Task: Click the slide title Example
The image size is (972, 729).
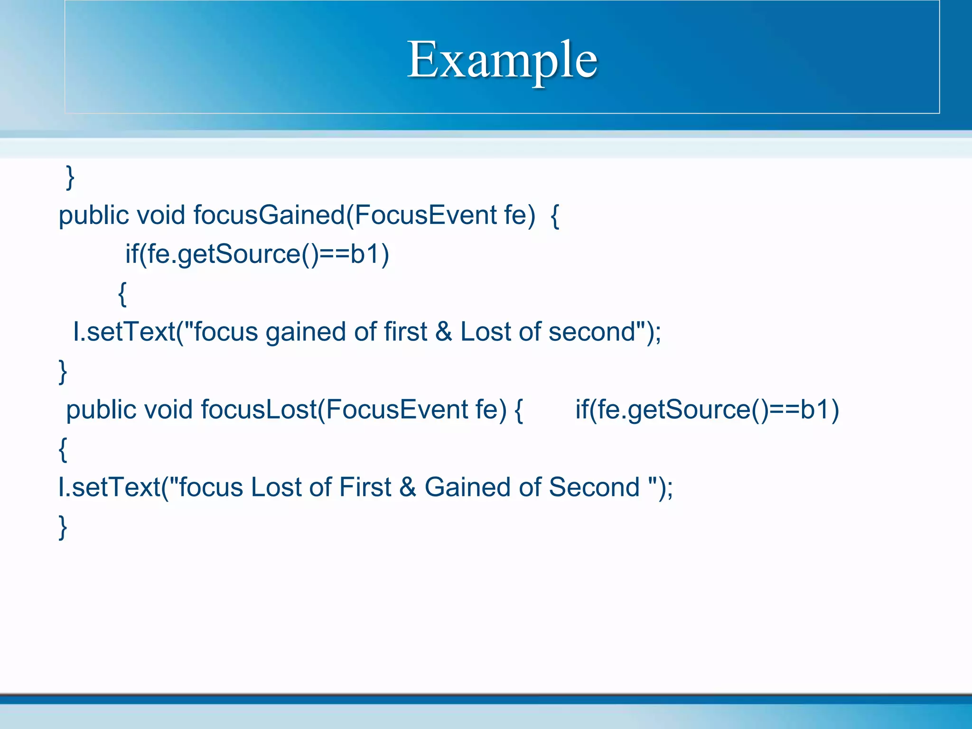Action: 502,60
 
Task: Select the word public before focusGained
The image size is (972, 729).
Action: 94,215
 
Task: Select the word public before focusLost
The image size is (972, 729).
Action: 101,410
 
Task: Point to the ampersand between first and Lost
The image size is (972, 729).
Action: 444,332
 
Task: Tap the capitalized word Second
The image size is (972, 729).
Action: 595,487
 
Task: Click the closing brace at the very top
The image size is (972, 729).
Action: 70,178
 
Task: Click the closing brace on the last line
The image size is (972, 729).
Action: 63,527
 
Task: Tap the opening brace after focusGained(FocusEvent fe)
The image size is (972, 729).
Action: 555,216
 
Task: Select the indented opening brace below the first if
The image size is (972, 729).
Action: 122,294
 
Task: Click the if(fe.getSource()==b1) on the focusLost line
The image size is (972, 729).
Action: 707,410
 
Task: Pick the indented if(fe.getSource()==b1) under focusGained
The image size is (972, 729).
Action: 257,254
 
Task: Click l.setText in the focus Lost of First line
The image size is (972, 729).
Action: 109,487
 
